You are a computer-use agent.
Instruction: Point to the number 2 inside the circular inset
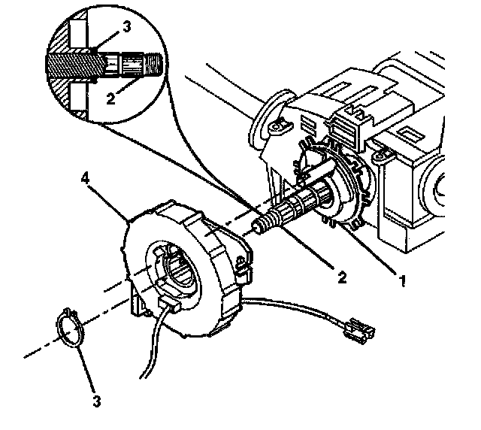pyautogui.click(x=110, y=97)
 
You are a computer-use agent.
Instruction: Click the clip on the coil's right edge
pyautogui.click(x=243, y=268)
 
